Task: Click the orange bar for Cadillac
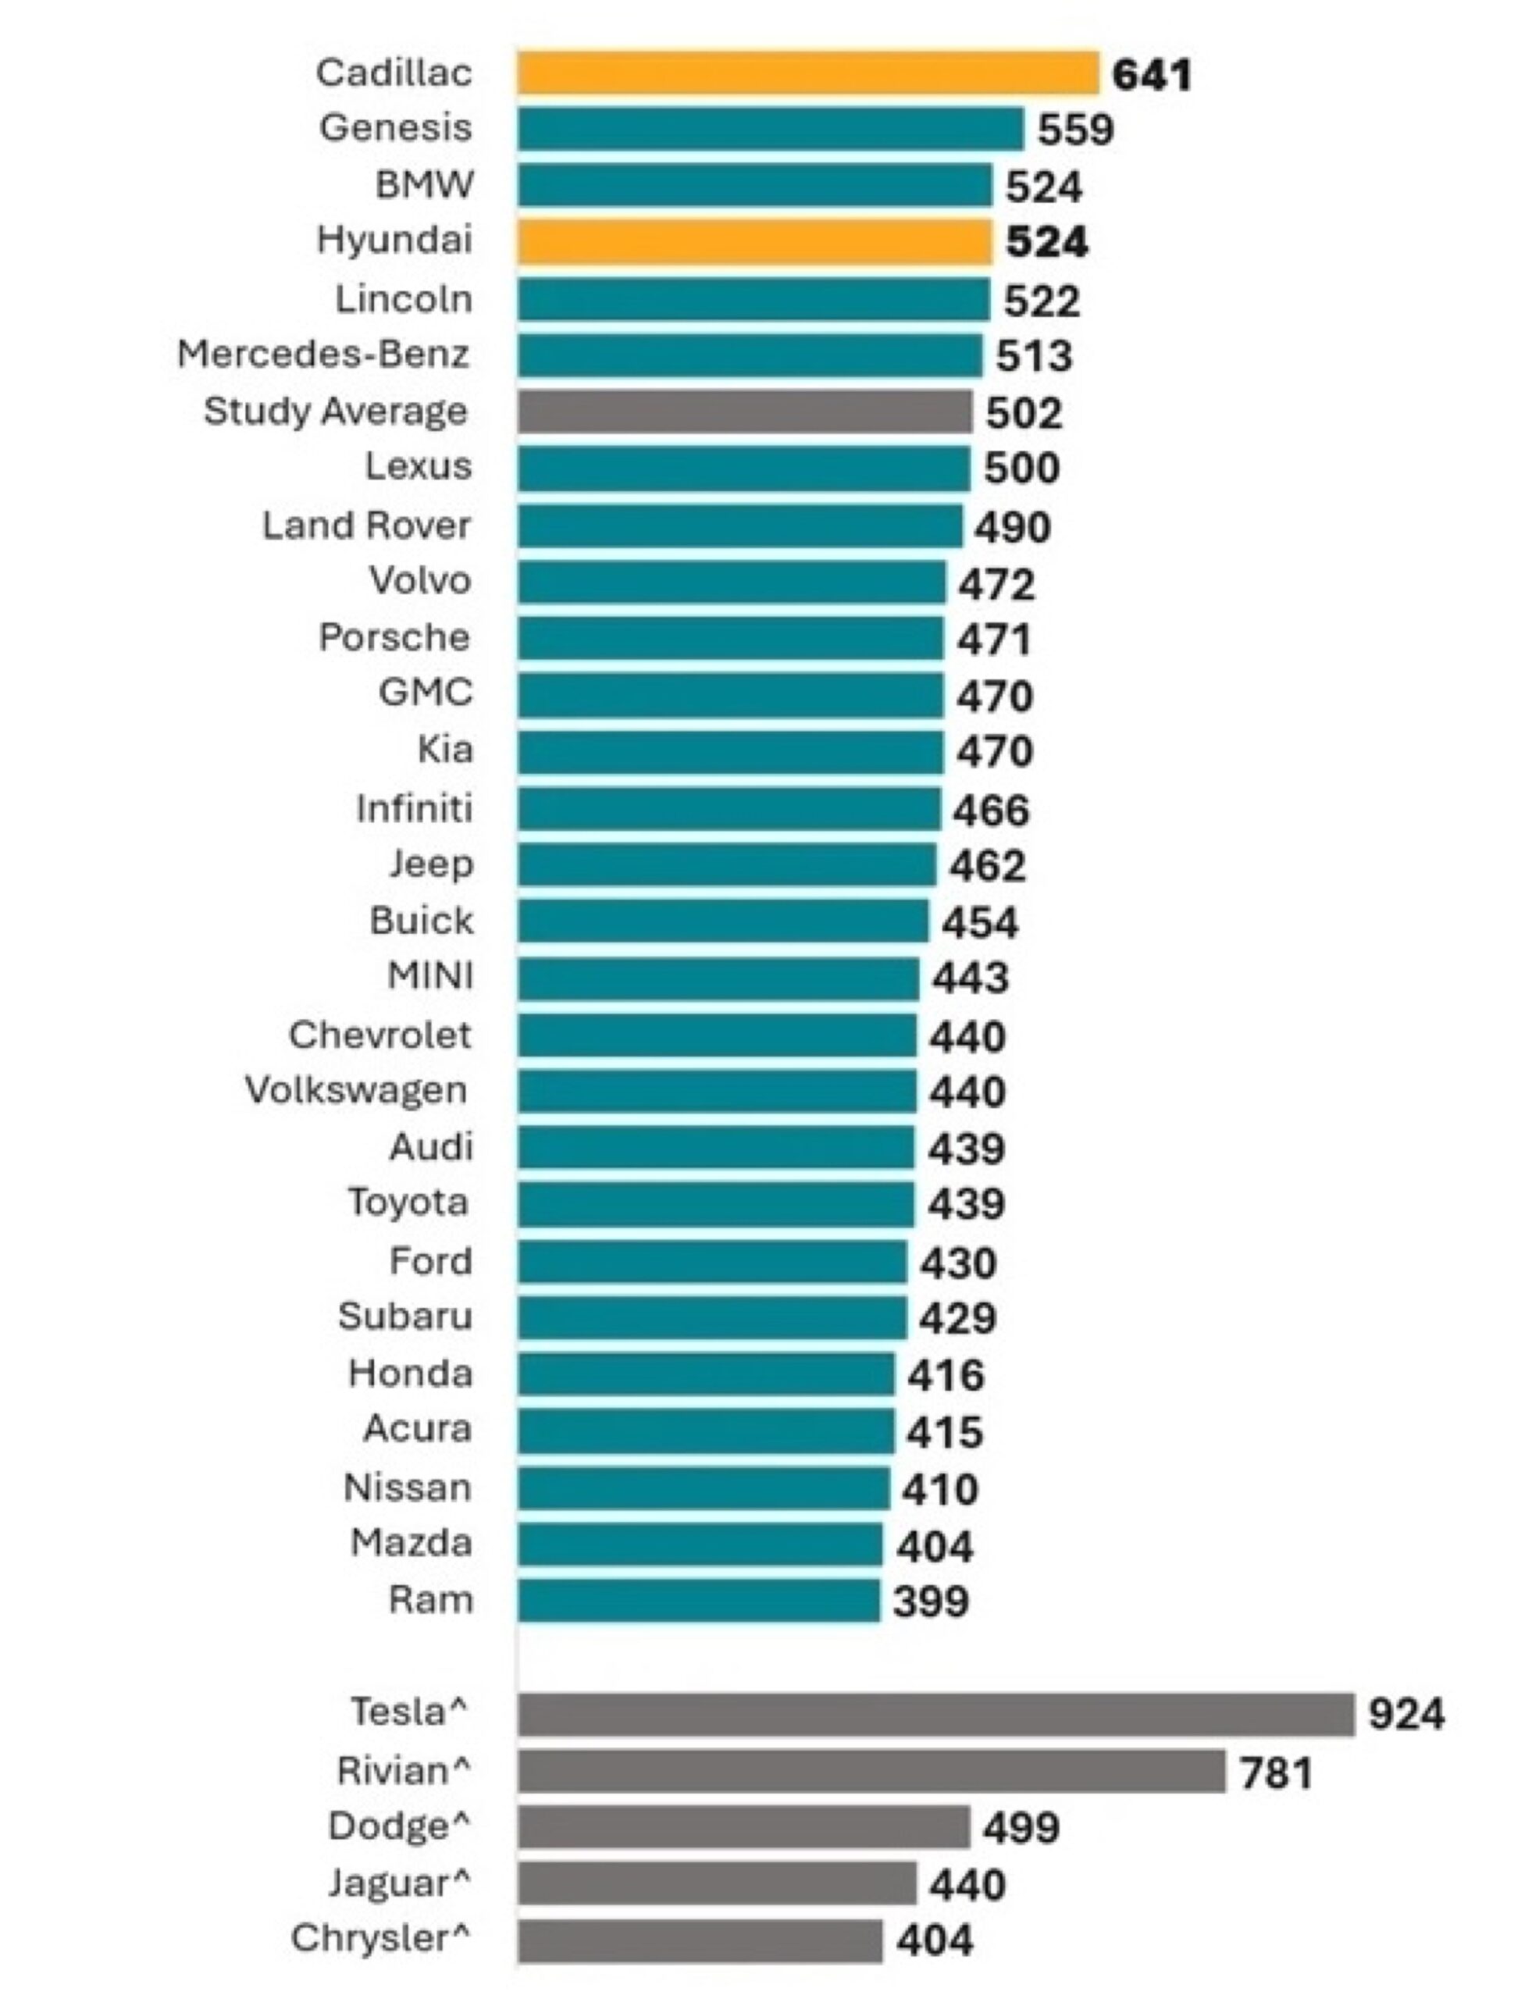coord(809,73)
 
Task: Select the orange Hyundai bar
coord(755,242)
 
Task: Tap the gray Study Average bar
coord(745,412)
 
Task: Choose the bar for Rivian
coord(872,1770)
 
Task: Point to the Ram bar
coord(699,1601)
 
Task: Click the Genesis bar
coord(771,129)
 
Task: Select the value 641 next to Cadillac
coord(1152,75)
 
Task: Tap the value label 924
coord(1407,1715)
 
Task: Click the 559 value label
coord(1076,130)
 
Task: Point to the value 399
coord(932,1602)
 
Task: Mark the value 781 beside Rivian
coord(1277,1772)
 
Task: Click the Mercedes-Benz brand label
coord(323,354)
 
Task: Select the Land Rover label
coord(367,525)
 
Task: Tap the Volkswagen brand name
coord(357,1090)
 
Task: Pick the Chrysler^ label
coord(381,1938)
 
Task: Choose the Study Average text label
coord(336,412)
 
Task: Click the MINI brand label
coord(430,976)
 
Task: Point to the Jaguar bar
coord(717,1883)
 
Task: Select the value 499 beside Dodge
coord(1022,1828)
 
